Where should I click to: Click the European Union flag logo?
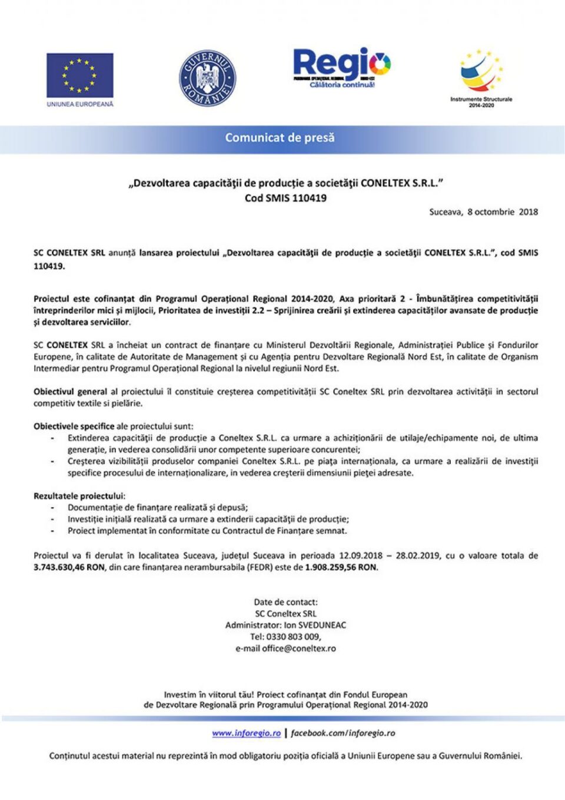click(80, 75)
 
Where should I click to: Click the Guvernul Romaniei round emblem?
click(207, 78)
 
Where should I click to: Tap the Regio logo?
click(341, 67)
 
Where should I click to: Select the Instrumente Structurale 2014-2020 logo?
click(481, 77)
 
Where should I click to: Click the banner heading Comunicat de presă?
click(280, 138)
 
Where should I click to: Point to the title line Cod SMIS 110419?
click(285, 199)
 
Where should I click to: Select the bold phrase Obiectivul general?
click(70, 392)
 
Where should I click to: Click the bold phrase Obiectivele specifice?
click(74, 427)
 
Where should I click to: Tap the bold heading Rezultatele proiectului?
click(79, 496)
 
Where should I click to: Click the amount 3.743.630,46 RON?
click(69, 567)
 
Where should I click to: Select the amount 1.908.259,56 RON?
click(341, 567)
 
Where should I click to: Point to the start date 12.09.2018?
click(360, 556)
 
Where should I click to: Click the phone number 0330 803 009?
click(293, 637)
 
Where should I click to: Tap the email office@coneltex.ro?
click(299, 649)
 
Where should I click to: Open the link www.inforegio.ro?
click(246, 733)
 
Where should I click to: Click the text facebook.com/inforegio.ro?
click(343, 733)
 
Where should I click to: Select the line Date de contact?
click(285, 602)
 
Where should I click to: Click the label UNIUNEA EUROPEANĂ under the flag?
click(80, 104)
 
